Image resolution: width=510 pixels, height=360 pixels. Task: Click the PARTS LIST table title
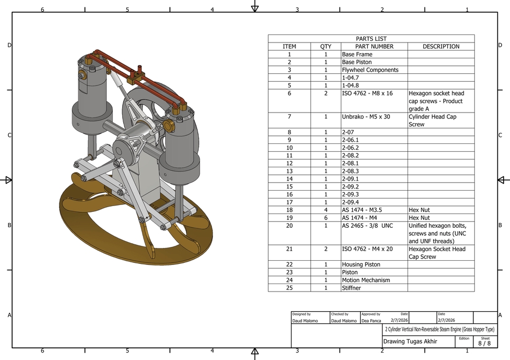tap(371, 39)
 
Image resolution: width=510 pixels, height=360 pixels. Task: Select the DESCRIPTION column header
tap(441, 47)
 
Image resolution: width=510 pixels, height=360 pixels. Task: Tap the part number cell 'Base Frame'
tap(357, 54)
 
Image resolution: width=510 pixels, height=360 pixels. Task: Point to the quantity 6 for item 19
tap(326, 218)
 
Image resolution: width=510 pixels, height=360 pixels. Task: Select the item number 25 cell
tap(290, 288)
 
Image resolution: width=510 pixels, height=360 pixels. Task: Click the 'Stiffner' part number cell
tap(351, 288)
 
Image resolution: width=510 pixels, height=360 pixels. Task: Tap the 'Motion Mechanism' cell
tap(365, 280)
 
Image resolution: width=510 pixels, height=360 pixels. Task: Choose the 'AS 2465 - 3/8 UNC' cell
tap(367, 226)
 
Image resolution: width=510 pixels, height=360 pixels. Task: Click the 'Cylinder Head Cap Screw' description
tap(432, 121)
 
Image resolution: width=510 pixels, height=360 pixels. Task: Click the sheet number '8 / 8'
tap(484, 344)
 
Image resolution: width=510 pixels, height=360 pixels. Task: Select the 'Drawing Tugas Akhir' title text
tap(410, 341)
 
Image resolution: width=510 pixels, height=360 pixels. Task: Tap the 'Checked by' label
tap(339, 314)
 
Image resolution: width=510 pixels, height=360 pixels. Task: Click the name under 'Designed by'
tap(305, 321)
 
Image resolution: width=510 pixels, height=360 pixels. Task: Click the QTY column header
tap(326, 47)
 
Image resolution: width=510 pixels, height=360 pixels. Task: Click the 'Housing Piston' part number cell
tap(361, 264)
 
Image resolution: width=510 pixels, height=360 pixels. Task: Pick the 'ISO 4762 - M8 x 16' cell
tap(367, 93)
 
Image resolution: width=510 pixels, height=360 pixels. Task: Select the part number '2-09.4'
tap(351, 202)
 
